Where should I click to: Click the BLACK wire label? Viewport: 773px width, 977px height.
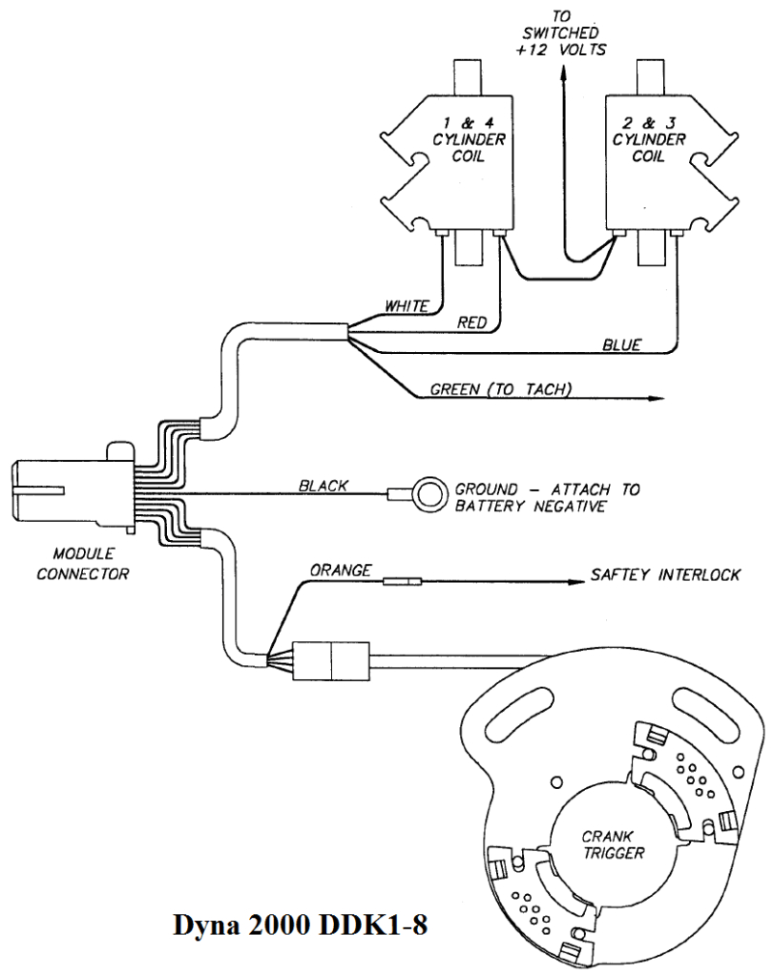tap(323, 486)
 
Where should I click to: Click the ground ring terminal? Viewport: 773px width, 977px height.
tap(431, 493)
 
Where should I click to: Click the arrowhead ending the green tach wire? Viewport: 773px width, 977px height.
tap(658, 399)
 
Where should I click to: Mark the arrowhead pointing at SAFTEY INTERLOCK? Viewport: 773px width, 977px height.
tap(574, 579)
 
